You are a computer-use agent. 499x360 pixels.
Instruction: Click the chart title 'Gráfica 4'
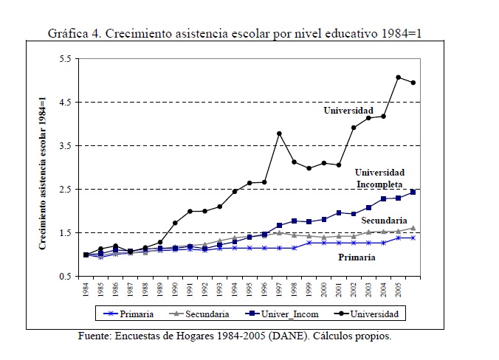[x=75, y=34]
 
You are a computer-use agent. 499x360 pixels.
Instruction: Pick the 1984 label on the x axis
[x=86, y=290]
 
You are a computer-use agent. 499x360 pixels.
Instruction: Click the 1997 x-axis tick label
[x=279, y=290]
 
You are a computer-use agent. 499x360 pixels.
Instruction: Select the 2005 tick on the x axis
[x=399, y=290]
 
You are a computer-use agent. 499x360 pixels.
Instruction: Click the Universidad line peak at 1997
[x=279, y=134]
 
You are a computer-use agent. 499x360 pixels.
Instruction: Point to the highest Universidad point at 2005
[x=399, y=77]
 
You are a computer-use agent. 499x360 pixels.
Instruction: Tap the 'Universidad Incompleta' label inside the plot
[x=381, y=178]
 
